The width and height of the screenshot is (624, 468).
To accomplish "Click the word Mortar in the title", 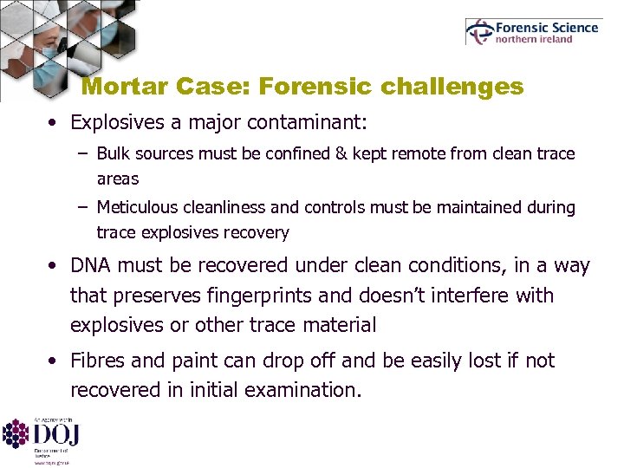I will click(127, 87).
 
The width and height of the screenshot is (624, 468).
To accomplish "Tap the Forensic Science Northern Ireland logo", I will click(532, 32).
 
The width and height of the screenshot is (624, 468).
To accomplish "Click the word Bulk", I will click(114, 154).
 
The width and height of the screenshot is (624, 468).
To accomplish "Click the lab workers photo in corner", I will click(39, 43).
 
